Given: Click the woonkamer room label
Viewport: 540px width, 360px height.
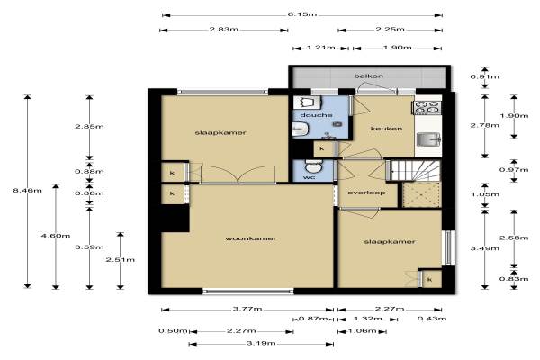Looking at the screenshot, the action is pos(251,238).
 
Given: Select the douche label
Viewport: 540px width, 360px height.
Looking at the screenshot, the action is pos(316,115).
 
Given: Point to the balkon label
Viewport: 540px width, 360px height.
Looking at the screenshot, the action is pos(368,76).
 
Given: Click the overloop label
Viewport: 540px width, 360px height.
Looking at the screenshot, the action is pos(366,193).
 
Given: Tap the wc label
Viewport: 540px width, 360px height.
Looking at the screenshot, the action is pos(309,178).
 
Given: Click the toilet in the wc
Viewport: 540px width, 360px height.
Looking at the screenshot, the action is pos(313,166).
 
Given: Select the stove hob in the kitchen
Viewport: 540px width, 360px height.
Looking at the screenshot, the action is pos(427,107).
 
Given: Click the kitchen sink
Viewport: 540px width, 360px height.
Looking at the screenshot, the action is pos(428,139).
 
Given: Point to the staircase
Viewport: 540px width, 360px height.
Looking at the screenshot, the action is pos(414,170).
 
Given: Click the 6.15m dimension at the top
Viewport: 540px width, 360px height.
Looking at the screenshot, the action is pos(302,14).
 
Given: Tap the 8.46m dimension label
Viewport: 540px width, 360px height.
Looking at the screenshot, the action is pos(28,190).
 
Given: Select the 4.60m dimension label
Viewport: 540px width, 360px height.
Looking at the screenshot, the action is pos(56,236).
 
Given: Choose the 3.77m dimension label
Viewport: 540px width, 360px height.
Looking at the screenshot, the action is pos(247,309).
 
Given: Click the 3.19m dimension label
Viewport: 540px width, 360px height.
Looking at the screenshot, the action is pos(261,343).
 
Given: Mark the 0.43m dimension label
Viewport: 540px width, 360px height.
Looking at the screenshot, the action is pos(432,319).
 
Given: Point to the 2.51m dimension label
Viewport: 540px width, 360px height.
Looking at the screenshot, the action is pos(121,260).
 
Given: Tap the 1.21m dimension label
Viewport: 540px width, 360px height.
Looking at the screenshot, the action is pos(320,48).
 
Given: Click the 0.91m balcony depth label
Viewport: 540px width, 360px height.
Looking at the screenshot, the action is pos(484,76).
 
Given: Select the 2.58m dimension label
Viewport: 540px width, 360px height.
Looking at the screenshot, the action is pos(514,238).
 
